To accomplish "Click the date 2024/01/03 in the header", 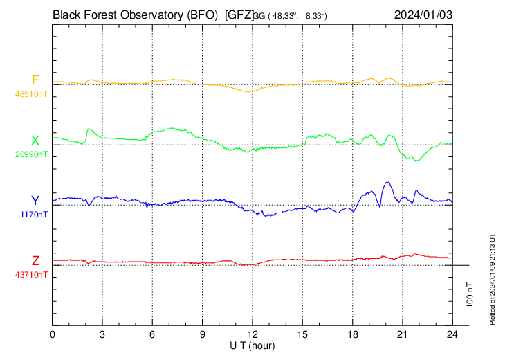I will pos(423,14).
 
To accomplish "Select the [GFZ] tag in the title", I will pos(239,14).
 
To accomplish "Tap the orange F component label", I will pos(35,80).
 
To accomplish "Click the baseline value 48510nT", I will pos(31,93).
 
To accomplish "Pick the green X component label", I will pos(35,141).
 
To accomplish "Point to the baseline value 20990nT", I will pos(31,154).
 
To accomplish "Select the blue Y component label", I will pos(35,200).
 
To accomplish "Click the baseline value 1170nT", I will pos(34,214).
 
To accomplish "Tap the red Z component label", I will pos(35,260).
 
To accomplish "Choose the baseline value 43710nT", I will pos(31,274).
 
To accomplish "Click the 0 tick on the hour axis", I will pos(53,334).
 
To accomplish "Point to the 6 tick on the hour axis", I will pos(153,334).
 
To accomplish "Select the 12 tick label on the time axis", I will pos(252,334).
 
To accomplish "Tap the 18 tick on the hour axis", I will pos(353,334).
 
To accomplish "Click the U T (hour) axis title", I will pos(253,345).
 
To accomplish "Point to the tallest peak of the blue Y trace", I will pos(387,182).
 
